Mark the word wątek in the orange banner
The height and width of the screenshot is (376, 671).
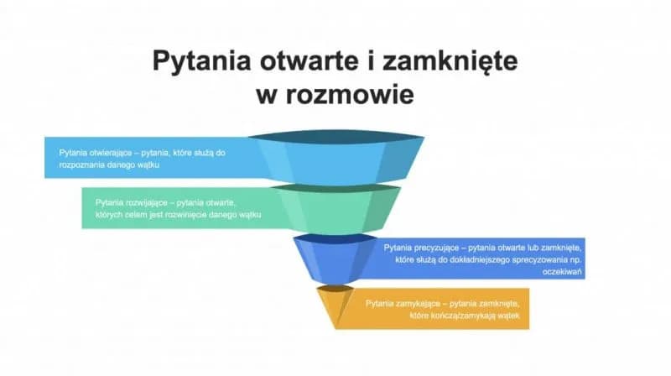click(x=511, y=315)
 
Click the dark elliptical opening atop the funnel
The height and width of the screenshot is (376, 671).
click(x=335, y=136)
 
